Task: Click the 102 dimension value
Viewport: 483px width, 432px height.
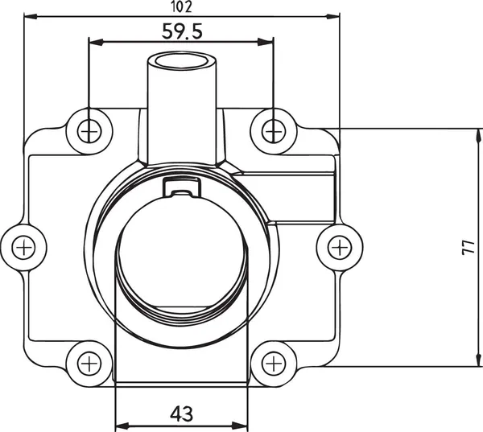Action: point(181,6)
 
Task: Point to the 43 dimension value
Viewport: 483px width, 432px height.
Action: point(182,413)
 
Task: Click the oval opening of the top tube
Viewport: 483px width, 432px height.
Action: point(183,61)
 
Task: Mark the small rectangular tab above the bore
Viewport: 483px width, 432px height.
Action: point(181,187)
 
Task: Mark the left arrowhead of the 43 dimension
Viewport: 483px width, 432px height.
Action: point(122,426)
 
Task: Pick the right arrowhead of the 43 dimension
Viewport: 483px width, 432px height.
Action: point(242,426)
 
